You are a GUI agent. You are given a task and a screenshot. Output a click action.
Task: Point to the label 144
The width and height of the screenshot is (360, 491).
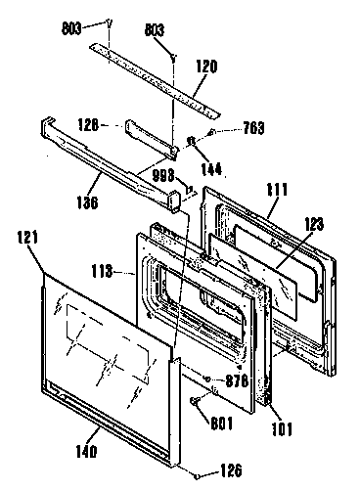[209, 168]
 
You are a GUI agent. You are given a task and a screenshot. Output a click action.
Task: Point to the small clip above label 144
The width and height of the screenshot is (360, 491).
[191, 143]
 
